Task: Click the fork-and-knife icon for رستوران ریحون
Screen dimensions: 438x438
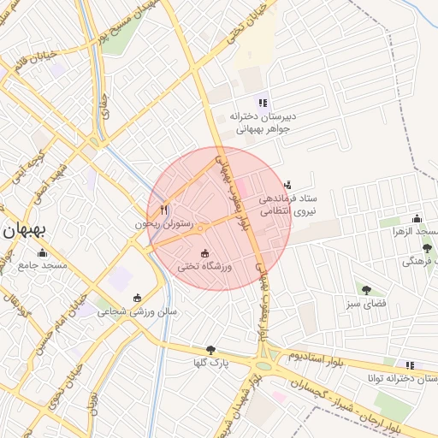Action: click(164, 210)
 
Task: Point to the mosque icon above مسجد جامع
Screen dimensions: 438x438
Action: click(43, 252)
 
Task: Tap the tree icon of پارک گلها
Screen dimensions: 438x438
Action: click(211, 349)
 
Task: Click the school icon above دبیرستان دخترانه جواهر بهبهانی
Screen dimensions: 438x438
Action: click(263, 103)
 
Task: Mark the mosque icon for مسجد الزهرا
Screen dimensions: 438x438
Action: click(417, 218)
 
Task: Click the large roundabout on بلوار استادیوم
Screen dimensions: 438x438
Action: click(265, 364)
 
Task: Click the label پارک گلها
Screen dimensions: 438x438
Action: click(211, 363)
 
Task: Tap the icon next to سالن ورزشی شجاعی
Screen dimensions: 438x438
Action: click(137, 298)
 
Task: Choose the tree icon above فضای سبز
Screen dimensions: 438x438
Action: click(367, 290)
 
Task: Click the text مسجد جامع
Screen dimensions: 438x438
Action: click(43, 266)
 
